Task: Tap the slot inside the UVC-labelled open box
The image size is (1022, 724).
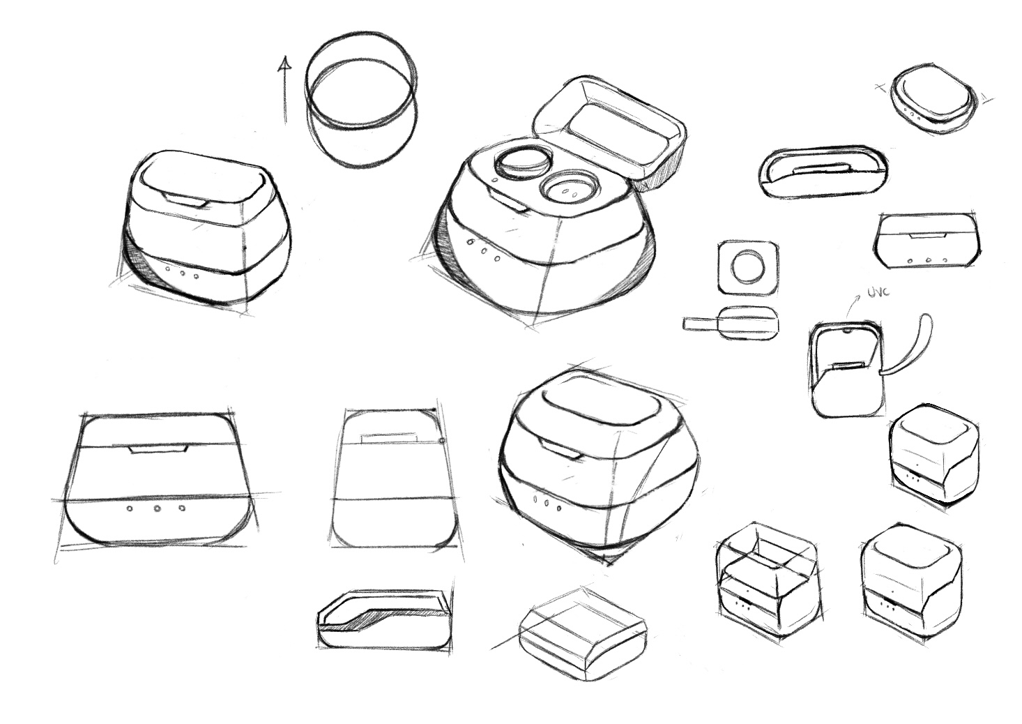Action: tap(847, 365)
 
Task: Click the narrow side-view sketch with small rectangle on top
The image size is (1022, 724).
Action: tap(390, 481)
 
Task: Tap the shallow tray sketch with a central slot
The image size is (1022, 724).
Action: tap(823, 172)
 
